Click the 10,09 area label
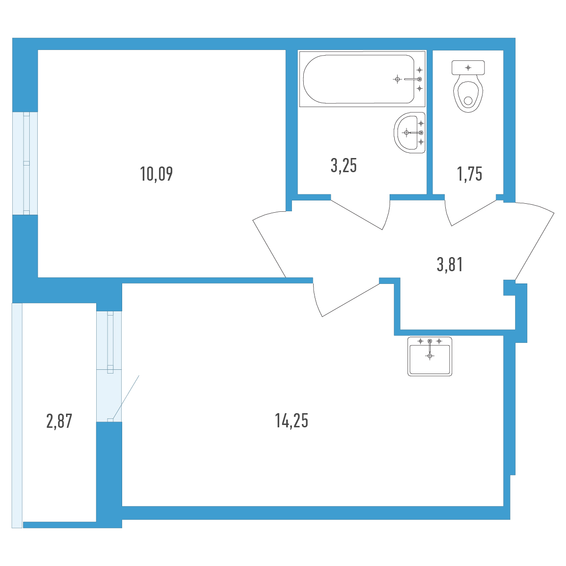click(156, 174)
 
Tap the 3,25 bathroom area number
click(343, 166)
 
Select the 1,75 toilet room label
click(469, 174)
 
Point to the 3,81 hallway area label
click(449, 264)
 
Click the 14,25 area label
click(291, 420)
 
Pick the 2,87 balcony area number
click(59, 421)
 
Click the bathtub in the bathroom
click(362, 79)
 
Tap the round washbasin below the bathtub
click(409, 133)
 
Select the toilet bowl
click(468, 93)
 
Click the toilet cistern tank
click(468, 67)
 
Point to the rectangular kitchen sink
click(429, 356)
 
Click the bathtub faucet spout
click(412, 79)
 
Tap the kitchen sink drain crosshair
click(430, 356)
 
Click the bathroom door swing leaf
click(356, 215)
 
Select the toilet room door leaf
click(474, 213)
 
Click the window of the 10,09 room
click(25, 163)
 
